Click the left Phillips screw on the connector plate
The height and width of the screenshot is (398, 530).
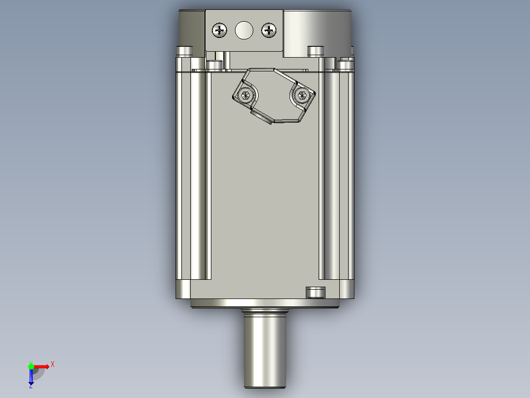pos(219,31)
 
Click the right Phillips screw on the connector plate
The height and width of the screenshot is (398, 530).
pos(268,31)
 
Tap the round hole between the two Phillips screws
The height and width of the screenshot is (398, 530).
pos(243,31)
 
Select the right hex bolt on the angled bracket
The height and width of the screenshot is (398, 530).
pos(301,95)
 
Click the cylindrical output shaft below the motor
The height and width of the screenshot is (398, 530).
pos(265,352)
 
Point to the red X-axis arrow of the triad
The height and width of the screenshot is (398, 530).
pos(42,366)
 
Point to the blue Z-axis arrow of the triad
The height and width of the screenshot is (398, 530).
pos(31,376)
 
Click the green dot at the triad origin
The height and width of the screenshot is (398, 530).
pos(31,365)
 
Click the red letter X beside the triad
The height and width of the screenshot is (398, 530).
pos(53,364)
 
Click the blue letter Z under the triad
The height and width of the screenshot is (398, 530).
pos(30,387)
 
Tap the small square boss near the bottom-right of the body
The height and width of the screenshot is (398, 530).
pos(315,293)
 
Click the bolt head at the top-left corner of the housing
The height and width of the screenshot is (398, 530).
pos(184,51)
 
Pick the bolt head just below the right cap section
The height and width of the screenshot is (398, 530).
pos(315,51)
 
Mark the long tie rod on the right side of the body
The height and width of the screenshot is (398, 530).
pos(332,172)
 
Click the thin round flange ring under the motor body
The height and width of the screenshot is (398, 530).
pos(265,303)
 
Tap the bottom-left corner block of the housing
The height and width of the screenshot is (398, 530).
pos(183,289)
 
